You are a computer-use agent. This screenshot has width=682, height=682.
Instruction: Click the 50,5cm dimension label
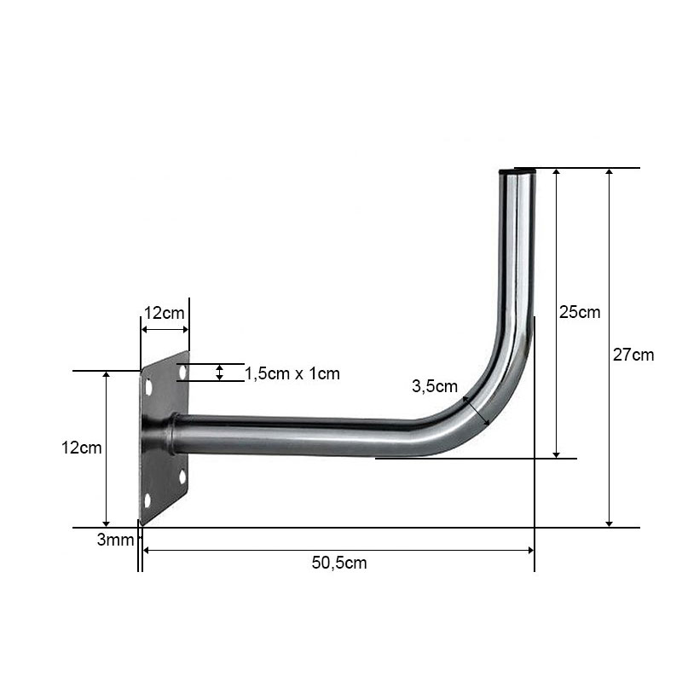339,563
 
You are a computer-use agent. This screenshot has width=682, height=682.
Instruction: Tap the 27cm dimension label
633,355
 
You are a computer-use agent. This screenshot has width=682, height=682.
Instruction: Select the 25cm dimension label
580,312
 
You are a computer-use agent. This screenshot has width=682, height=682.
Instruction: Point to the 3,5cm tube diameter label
435,386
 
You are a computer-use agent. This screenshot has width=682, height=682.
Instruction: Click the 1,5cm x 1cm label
292,373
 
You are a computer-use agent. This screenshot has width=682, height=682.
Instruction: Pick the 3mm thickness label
115,540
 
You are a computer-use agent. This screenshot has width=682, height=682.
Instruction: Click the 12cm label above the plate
165,313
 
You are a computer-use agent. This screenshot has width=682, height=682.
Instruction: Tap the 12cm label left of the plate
81,448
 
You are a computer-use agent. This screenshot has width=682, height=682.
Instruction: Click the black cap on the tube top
517,171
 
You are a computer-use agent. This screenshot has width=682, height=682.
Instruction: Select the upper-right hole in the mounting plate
182,372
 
